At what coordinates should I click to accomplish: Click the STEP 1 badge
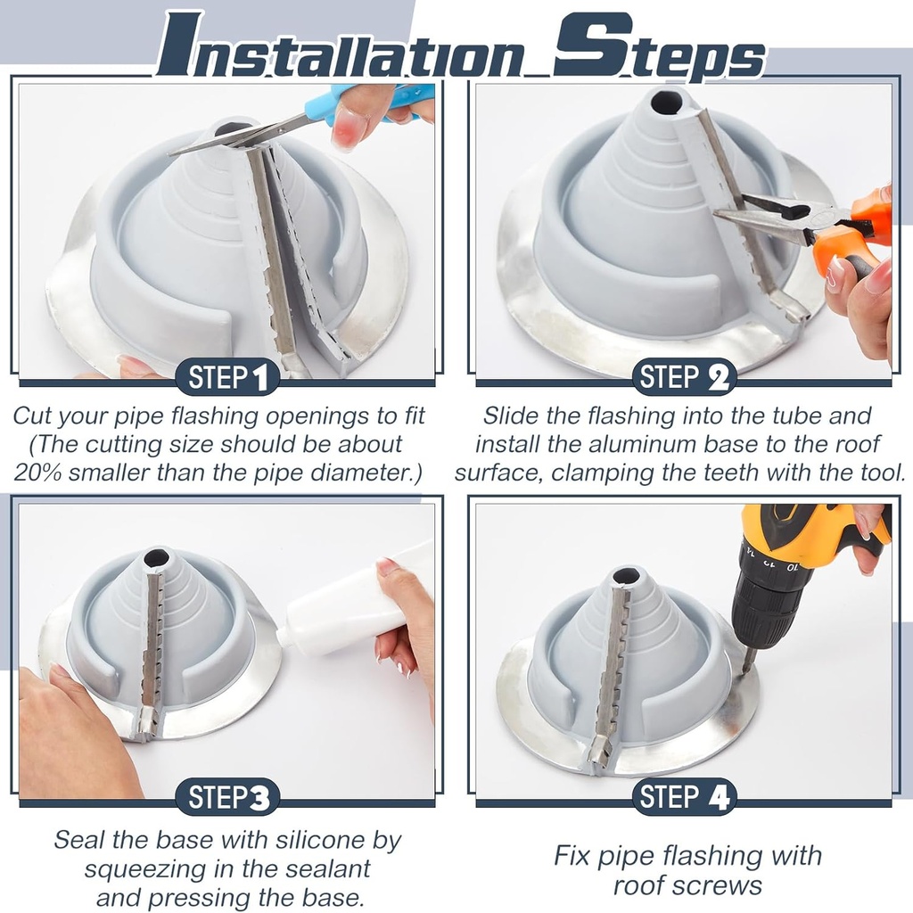click(227, 378)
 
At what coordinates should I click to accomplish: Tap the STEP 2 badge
click(684, 378)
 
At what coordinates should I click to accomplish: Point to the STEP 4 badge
click(684, 797)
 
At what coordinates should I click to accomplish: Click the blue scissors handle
click(374, 100)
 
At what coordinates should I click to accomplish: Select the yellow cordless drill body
click(802, 535)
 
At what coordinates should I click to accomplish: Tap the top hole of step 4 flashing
click(625, 576)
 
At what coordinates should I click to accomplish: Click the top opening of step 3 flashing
click(156, 559)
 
